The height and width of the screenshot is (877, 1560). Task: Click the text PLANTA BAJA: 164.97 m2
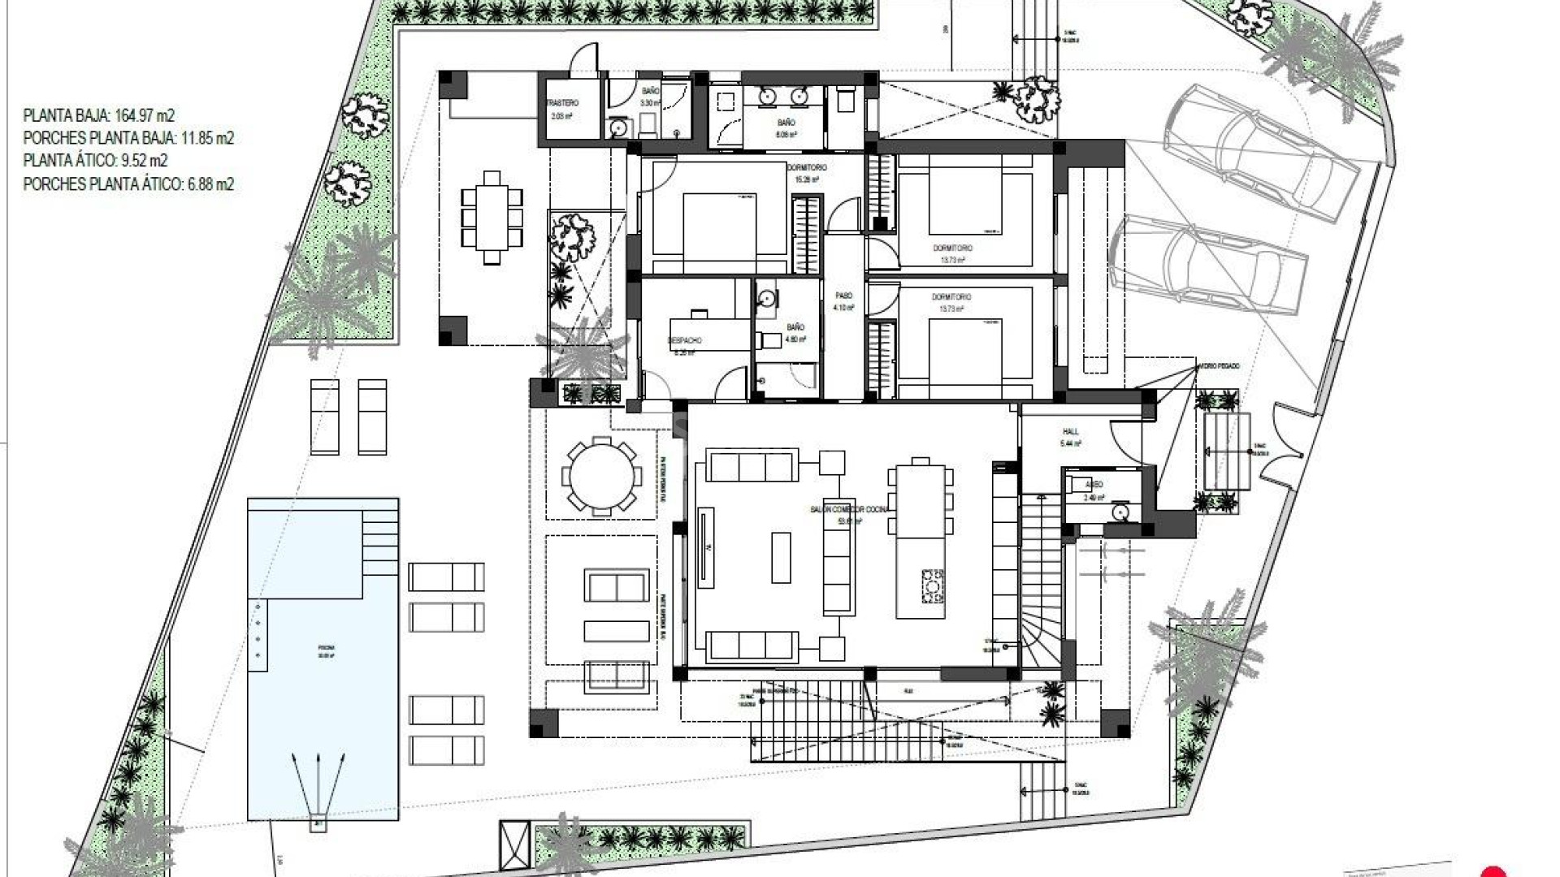click(98, 115)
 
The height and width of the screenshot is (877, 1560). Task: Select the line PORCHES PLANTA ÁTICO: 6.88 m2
click(128, 184)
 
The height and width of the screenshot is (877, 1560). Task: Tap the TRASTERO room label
click(561, 104)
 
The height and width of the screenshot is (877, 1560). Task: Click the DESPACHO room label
click(684, 340)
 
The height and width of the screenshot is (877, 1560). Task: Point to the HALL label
click(1070, 431)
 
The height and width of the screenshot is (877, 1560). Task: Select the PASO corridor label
click(843, 296)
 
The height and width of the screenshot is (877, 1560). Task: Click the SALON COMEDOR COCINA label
click(849, 509)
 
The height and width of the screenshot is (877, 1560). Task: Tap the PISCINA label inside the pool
click(326, 648)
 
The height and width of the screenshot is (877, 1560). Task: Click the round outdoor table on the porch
click(601, 477)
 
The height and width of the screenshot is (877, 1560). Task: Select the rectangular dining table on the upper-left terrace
click(492, 218)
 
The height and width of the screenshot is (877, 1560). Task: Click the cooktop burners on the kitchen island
click(933, 585)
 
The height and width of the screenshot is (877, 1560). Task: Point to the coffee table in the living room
click(781, 557)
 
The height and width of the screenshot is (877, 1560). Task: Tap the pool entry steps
click(380, 536)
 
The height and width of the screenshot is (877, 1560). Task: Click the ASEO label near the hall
click(1094, 484)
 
